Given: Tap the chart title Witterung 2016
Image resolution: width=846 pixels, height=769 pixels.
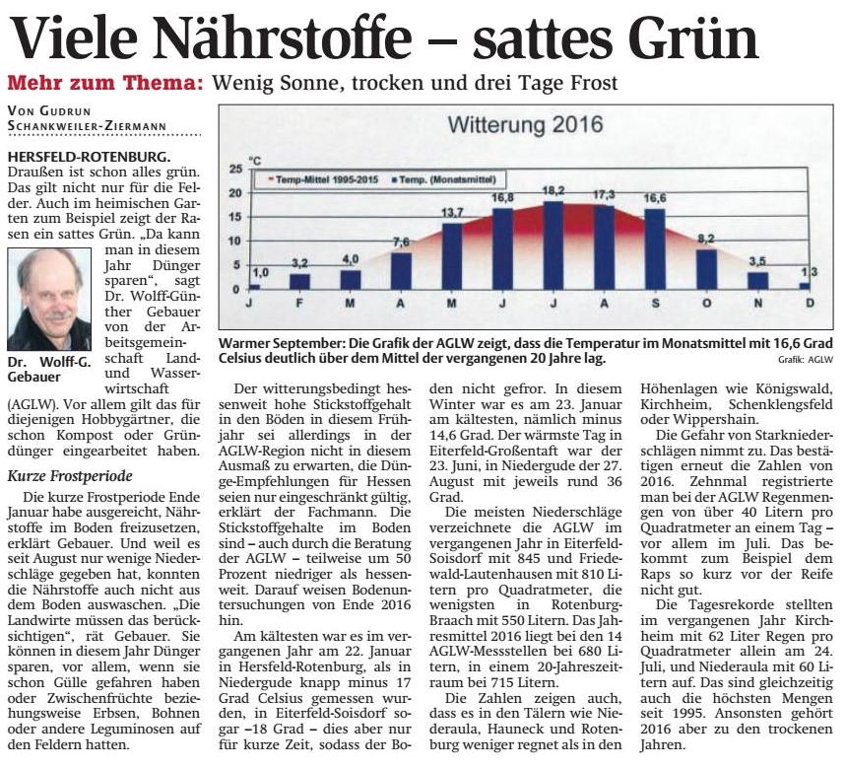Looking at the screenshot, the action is (525, 125).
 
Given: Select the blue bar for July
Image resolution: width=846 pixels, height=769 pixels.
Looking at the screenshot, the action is (553, 245).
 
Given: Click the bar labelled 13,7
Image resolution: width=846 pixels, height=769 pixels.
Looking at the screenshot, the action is (452, 256).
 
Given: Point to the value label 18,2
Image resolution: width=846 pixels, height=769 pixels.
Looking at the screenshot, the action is (553, 190).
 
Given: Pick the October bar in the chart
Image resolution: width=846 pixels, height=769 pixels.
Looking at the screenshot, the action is (706, 269).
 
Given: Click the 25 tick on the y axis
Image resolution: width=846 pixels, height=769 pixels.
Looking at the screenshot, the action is (235, 169).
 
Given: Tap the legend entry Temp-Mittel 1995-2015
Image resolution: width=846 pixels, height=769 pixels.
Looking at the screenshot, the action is (323, 179).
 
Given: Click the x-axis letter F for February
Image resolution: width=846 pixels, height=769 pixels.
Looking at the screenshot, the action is (298, 304).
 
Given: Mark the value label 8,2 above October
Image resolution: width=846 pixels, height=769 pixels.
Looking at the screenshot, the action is (706, 239).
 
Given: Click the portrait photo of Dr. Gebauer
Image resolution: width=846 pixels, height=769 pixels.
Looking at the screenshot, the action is (49, 300).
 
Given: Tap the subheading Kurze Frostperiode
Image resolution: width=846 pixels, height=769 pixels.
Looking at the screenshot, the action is (70, 476).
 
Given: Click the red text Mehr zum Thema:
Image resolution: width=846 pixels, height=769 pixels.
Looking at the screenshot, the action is (105, 83).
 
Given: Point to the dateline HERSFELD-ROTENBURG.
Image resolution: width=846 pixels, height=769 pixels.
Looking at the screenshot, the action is (89, 157).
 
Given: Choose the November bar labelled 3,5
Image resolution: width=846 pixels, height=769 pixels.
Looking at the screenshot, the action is (757, 281).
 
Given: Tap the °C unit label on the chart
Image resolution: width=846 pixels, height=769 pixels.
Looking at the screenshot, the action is (254, 161).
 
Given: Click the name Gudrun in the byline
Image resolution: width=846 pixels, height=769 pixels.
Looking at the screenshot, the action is (65, 111).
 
